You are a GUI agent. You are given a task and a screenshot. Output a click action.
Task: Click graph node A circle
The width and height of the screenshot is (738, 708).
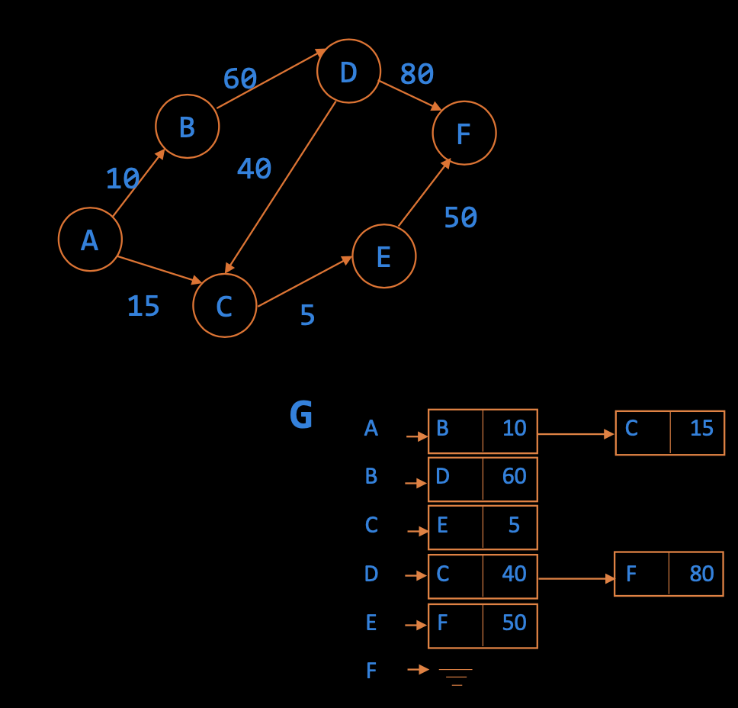[x=90, y=240]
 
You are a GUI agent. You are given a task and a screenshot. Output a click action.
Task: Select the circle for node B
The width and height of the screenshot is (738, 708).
[x=187, y=127]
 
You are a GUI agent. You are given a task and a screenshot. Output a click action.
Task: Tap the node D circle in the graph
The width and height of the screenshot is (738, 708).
[x=348, y=71]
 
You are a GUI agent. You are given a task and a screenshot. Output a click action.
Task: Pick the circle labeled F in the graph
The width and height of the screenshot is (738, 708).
[x=464, y=133]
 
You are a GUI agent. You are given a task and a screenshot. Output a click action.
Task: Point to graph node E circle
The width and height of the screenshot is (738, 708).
[x=383, y=256]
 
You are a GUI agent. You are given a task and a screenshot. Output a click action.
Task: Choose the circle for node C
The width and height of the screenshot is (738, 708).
[x=224, y=306]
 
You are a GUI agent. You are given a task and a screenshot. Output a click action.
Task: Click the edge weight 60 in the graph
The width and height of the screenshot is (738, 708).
[x=239, y=79]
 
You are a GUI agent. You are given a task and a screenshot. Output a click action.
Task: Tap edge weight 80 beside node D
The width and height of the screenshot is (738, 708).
[x=417, y=74]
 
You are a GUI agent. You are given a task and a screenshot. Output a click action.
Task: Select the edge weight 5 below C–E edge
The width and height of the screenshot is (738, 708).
[x=307, y=315]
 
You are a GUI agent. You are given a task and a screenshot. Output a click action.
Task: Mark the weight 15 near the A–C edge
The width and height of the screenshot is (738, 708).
[x=143, y=306]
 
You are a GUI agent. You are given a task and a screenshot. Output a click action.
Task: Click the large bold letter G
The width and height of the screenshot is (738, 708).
[x=301, y=416]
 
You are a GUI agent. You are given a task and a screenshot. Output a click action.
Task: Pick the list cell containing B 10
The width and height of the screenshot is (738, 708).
[x=483, y=432]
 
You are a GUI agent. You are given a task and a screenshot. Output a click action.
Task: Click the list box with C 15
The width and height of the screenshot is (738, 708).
[x=669, y=432]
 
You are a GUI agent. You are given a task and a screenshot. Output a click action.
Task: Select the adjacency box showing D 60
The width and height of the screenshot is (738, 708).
[x=483, y=479]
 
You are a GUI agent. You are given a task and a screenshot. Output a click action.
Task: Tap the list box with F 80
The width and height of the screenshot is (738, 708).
[x=669, y=574]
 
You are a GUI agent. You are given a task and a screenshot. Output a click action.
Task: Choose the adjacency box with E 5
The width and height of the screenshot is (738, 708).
[x=483, y=527]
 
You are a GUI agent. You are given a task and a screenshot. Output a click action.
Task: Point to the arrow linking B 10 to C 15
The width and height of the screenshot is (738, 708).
[x=576, y=434]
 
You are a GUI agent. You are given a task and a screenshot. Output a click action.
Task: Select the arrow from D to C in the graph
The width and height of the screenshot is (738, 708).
[x=281, y=186]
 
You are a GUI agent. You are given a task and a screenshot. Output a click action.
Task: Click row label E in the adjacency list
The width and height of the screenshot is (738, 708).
[x=371, y=623]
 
